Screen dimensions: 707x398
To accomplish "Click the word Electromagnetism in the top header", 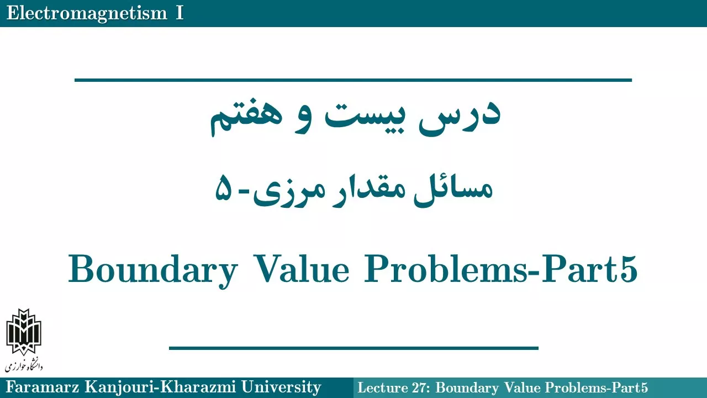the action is click(87, 14).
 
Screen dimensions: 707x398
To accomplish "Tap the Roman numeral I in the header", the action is click(180, 13).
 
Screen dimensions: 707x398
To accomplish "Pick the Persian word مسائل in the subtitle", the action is click(453, 190).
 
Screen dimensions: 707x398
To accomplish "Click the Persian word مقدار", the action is click(367, 190).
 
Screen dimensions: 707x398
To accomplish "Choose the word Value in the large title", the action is click(302, 269).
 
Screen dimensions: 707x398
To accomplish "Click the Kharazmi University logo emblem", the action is click(24, 332).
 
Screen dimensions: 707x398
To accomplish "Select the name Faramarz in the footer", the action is click(43, 387).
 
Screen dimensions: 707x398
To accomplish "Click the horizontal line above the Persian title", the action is click(353, 80).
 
